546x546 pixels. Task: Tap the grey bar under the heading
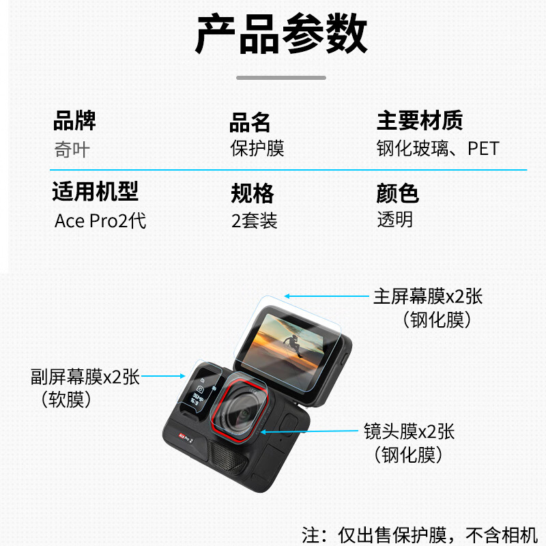coord(281,78)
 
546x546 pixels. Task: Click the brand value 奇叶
coord(72,149)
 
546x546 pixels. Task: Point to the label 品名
coord(250,123)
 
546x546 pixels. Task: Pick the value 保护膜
coord(257,148)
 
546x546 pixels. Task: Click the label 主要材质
coord(420,121)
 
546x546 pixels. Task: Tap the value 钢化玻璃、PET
coord(437,148)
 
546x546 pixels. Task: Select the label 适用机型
coord(96,192)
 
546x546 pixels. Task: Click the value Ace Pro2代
coord(100,221)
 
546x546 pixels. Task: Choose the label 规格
coord(253,194)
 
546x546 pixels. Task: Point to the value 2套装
coord(254,221)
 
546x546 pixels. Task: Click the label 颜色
coord(397,194)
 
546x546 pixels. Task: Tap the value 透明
coord(395,220)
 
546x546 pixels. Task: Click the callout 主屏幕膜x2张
coord(428,296)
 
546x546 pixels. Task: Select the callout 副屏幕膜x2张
coord(85,376)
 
